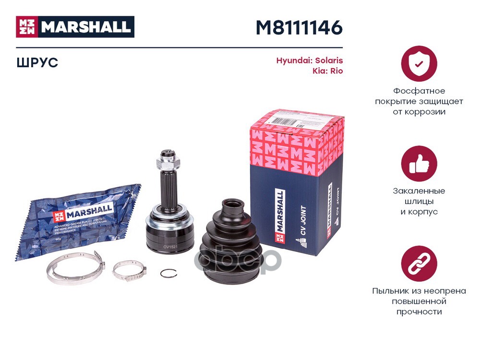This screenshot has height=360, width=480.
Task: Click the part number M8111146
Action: coord(299,28)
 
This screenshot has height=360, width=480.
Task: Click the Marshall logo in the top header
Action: coord(75,27)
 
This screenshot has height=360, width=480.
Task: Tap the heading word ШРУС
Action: coord(37,62)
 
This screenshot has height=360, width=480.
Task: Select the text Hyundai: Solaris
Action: coord(309,61)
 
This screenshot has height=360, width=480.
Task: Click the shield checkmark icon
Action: coord(419,63)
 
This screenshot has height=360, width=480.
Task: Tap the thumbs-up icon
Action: coord(419,163)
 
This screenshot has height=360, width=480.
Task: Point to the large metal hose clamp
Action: coord(74,269)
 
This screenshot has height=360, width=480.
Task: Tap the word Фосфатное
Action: coord(419,91)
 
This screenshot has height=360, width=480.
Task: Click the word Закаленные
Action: coord(419,191)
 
